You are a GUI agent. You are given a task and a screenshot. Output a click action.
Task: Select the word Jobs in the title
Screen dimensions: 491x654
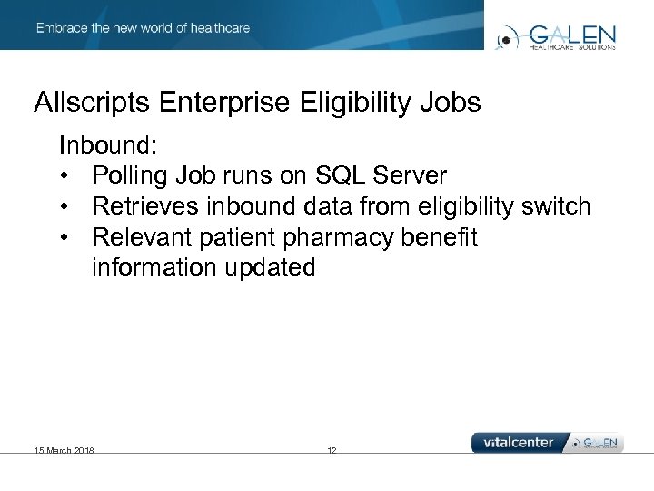pos(451,103)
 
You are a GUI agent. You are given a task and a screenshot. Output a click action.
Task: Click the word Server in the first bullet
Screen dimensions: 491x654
pos(411,175)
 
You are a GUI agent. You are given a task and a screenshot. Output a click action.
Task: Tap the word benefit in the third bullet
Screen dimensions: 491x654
pos(442,237)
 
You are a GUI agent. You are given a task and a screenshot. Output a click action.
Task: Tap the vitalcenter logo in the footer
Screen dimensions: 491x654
pos(519,443)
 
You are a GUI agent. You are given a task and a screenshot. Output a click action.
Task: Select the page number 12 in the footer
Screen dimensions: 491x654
pos(332,450)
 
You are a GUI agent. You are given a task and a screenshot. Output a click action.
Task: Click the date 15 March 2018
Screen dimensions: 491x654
pos(64,450)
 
